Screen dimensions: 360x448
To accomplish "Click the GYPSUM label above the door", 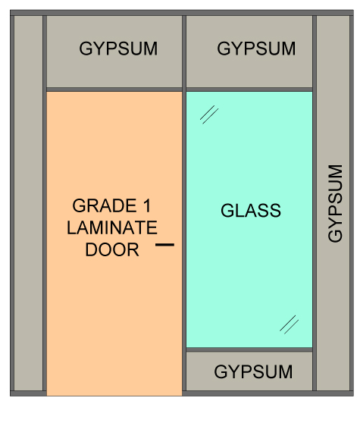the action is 118,49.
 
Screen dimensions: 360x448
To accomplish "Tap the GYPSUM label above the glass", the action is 256,49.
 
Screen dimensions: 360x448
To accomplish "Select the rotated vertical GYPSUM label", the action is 335,203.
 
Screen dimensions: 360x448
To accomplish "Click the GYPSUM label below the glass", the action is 253,372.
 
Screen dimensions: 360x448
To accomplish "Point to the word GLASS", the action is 251,211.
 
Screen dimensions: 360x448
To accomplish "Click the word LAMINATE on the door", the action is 112,227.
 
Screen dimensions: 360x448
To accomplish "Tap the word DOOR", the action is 112,249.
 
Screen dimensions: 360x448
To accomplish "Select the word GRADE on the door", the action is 105,205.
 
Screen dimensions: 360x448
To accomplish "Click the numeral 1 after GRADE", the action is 147,205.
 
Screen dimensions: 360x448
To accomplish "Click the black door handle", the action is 165,245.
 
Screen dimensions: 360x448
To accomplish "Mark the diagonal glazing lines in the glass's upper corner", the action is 209,114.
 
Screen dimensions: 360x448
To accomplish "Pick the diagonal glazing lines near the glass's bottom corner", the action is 290,324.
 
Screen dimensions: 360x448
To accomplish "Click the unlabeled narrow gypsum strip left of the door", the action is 28,203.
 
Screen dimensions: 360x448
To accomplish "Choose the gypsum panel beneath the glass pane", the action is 249,371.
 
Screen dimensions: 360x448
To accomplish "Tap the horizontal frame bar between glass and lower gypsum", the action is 249,349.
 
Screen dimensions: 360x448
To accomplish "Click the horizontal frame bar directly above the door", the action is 114,89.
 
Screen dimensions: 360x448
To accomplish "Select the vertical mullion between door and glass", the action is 184,203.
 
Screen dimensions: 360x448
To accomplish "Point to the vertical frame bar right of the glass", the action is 315,203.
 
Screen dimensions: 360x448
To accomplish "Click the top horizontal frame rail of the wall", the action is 182,13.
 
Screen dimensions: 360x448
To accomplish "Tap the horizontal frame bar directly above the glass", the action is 249,89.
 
